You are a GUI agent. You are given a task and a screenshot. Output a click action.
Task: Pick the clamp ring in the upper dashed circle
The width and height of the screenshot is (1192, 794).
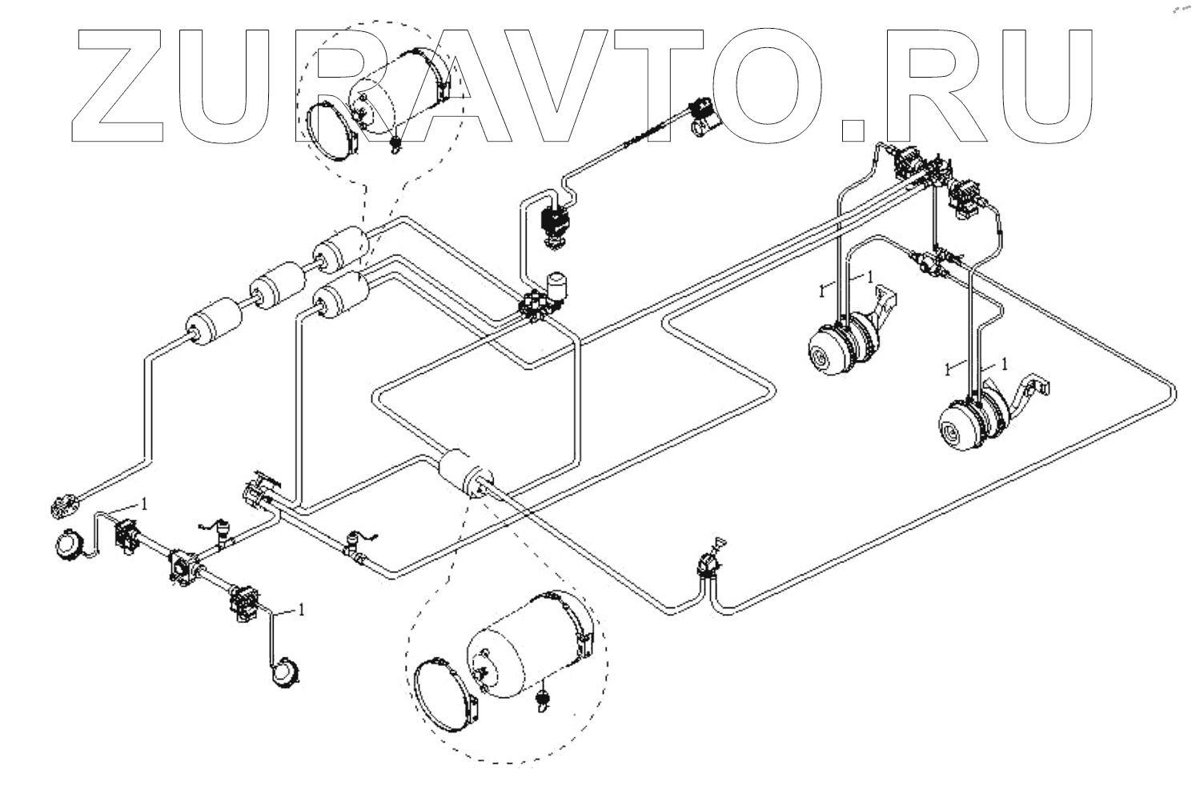click(x=330, y=131)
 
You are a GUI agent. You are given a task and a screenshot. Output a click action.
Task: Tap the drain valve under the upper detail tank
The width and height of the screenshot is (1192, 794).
click(x=395, y=145)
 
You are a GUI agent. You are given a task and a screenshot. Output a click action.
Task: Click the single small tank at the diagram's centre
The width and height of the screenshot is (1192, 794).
click(x=465, y=475)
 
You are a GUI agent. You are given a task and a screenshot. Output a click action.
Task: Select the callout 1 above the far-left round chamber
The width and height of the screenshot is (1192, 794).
click(x=144, y=503)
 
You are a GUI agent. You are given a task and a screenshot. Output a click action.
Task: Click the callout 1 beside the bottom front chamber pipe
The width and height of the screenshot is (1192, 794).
click(x=301, y=610)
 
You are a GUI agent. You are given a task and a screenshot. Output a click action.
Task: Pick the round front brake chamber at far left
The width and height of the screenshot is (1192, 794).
click(x=67, y=546)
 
